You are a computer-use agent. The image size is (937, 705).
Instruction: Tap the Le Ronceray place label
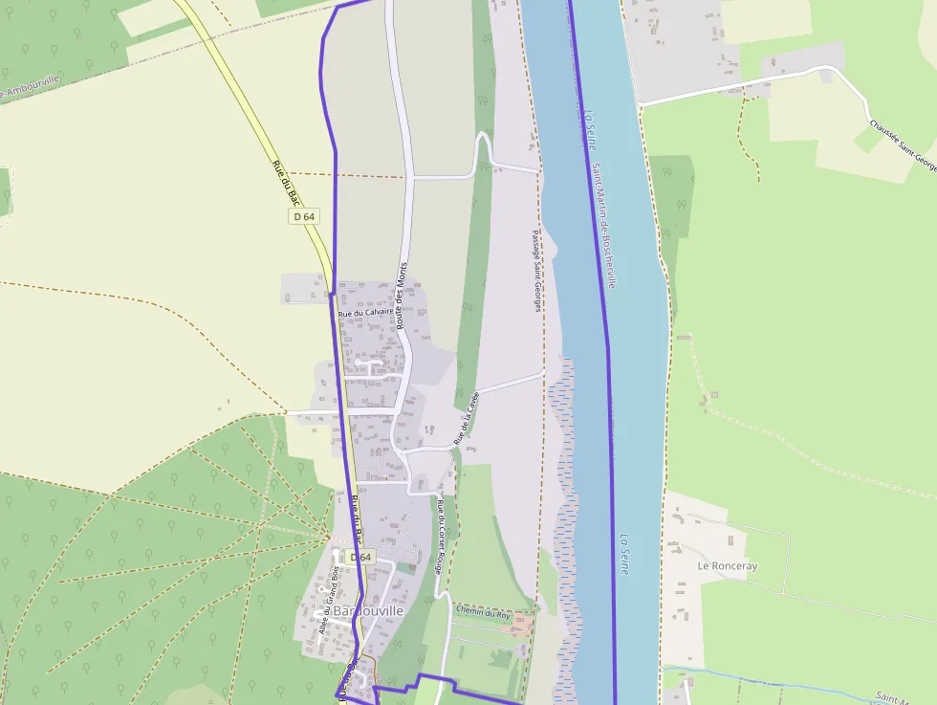coord(727,565)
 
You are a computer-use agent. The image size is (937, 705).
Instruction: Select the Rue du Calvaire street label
coord(365,313)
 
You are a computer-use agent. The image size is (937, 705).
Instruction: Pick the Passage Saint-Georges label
coord(537,270)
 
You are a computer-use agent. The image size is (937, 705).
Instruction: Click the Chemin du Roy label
coord(484,612)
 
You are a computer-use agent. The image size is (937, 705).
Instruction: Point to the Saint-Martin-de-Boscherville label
coord(603,225)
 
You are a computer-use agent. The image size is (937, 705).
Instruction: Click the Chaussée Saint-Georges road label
coord(904,147)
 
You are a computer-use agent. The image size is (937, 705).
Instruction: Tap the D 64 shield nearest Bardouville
coord(360,557)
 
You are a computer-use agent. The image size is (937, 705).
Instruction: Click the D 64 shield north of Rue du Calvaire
coord(304,216)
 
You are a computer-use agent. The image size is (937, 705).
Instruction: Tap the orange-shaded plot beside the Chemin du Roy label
coord(522,626)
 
